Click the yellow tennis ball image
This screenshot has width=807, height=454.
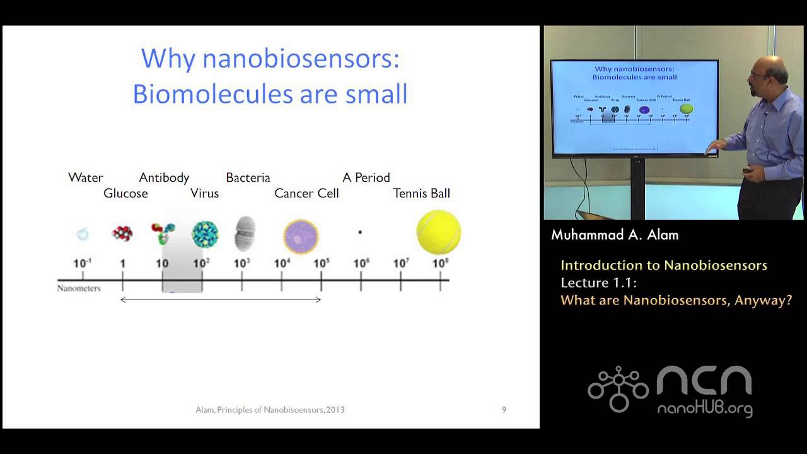439,232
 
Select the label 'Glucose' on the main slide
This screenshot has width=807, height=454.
125,194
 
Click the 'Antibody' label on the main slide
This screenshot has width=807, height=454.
164,178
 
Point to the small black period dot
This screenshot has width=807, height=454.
360,232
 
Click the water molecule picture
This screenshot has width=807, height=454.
83,234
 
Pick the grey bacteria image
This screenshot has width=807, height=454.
245,233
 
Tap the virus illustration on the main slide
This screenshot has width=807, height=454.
205,233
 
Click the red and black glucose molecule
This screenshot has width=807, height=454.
122,233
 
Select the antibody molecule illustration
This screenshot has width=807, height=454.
163,233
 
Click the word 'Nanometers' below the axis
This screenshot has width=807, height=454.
79,289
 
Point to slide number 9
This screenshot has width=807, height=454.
504,410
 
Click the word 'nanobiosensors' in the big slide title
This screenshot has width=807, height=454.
301,59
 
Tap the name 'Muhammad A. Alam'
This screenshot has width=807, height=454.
615,235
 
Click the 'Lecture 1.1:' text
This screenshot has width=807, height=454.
603,282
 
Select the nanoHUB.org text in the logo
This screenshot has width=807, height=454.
704,409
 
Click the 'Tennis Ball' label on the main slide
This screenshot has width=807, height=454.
421,194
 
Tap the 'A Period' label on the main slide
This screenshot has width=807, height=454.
366,178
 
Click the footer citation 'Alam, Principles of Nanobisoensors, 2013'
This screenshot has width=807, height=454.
270,410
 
